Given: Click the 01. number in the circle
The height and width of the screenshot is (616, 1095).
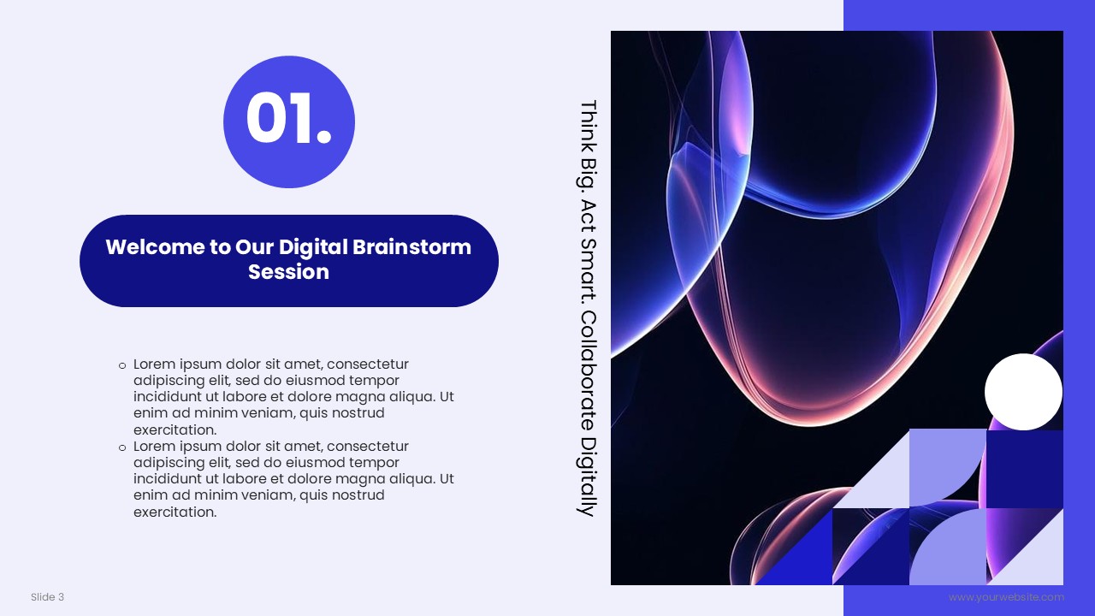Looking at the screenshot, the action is point(289,119).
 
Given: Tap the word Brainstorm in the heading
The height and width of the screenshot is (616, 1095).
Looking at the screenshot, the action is point(411,247).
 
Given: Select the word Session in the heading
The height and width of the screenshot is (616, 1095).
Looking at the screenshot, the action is point(288,272).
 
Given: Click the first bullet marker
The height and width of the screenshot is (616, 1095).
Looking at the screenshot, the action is point(122,365).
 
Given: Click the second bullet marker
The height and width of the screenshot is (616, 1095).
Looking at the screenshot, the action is point(122,447).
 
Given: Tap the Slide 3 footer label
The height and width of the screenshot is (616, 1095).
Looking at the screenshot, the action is point(47,597).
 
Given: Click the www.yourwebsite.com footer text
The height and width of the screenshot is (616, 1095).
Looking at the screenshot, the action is point(1006,597).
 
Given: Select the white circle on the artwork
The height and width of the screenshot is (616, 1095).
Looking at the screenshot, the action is point(1023,392).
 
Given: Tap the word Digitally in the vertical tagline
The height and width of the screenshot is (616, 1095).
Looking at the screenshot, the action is point(588,477).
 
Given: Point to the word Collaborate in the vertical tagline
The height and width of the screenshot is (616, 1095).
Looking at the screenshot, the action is point(588,370).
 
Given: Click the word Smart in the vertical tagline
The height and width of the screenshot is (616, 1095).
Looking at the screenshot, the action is point(588,270).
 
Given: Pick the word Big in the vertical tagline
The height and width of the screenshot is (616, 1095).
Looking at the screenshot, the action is point(588,173).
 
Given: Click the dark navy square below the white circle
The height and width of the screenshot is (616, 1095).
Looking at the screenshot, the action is point(1025,469).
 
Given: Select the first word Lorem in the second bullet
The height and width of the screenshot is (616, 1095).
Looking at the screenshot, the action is point(155,447).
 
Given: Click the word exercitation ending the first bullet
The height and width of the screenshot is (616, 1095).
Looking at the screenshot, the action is point(175,430).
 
